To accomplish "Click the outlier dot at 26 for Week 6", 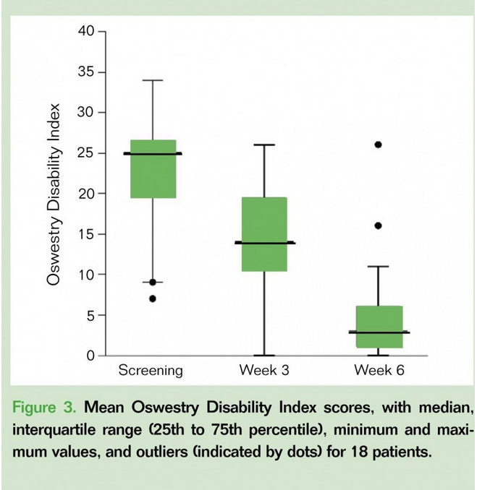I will (x=378, y=145).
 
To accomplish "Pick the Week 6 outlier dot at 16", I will (x=378, y=225).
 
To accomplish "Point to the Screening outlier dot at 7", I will (x=152, y=298).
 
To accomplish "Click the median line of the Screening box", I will (x=152, y=153).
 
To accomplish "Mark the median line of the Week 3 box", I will (x=264, y=243).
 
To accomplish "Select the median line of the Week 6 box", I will (x=378, y=332).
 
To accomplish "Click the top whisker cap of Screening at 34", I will (x=152, y=80).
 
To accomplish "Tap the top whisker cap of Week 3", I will (x=264, y=145).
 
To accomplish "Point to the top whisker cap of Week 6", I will (x=378, y=267).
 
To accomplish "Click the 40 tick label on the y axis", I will (x=87, y=32).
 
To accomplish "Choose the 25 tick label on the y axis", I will (x=87, y=153).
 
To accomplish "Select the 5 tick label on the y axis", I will (x=90, y=315).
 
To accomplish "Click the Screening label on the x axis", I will (x=151, y=371).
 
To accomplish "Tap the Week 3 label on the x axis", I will (x=263, y=371).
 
